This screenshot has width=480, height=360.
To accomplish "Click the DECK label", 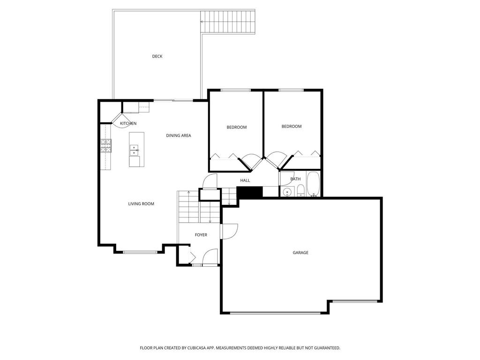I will click(x=157, y=56).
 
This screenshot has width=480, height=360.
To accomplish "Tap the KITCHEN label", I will click(x=128, y=124).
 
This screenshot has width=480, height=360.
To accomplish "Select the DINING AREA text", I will click(x=179, y=135).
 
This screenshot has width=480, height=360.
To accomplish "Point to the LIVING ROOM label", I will click(x=141, y=204).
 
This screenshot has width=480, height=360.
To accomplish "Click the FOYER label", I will click(x=201, y=235).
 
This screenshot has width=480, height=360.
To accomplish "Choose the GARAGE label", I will click(x=300, y=253).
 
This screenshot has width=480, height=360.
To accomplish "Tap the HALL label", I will click(x=245, y=180).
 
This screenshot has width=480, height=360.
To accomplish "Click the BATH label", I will click(x=295, y=179).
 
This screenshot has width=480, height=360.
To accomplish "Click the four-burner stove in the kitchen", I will click(x=105, y=146).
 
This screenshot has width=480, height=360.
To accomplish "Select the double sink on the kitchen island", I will click(x=134, y=150).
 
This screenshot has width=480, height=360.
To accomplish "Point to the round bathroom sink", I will click(x=287, y=191).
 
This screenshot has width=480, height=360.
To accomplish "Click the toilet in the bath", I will click(x=300, y=190).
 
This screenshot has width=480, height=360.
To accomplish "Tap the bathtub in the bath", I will click(x=313, y=184).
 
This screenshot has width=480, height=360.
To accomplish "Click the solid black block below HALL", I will click(x=249, y=192).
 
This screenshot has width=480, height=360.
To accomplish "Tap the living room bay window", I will click(x=140, y=253).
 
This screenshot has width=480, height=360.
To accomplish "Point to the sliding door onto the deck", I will click(x=173, y=100).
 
